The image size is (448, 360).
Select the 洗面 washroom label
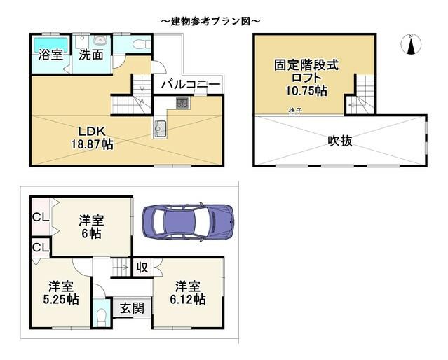tap(91, 54)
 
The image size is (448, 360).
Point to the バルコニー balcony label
tap(190, 85)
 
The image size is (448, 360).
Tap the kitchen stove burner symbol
tap(182, 104)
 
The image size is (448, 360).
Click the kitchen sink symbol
tap(160, 128)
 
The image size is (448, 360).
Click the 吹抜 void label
tap(340, 141)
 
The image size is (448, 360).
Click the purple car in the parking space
tap(188, 221)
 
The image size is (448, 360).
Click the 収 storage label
tap(141, 267)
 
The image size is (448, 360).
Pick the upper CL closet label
tap(40, 218)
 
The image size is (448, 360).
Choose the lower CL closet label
tap(40, 248)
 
